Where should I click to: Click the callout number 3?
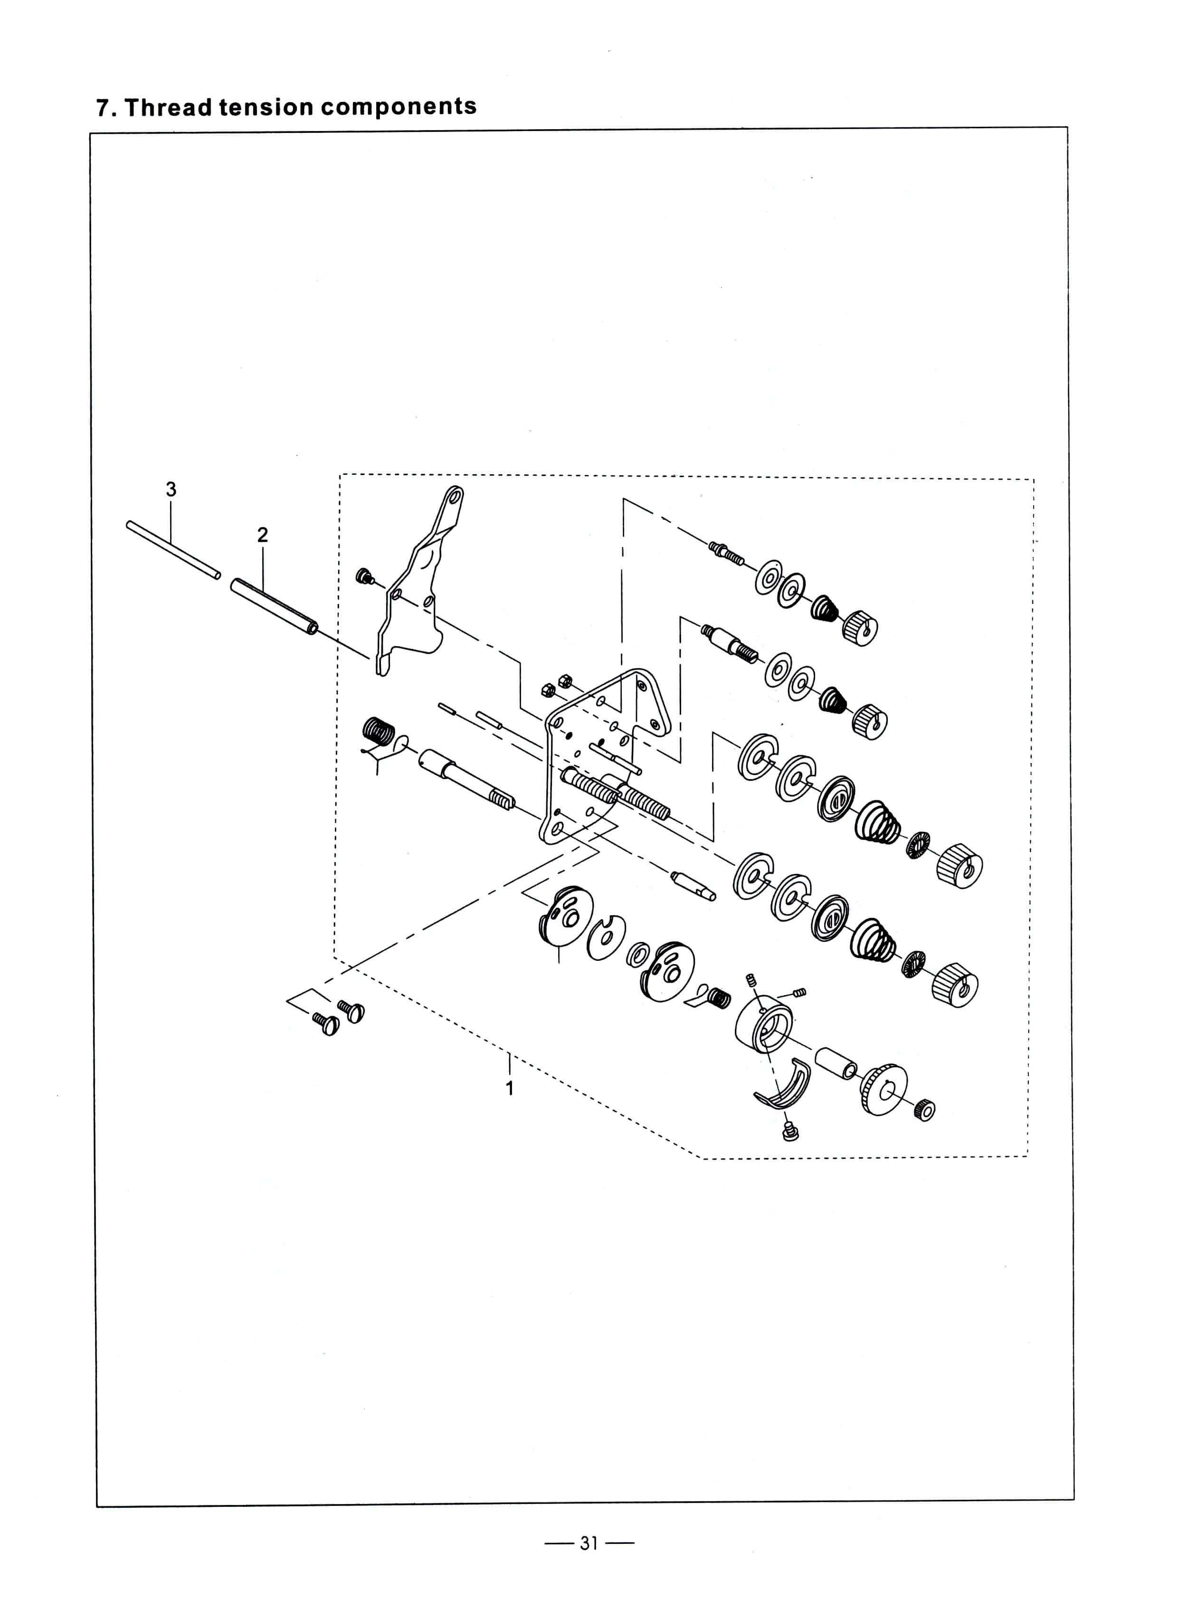coord(171,489)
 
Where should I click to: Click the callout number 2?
coord(262,536)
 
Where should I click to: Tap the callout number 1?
coord(510,1089)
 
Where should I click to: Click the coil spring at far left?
coord(379,732)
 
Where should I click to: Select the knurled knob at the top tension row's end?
coord(860,627)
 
